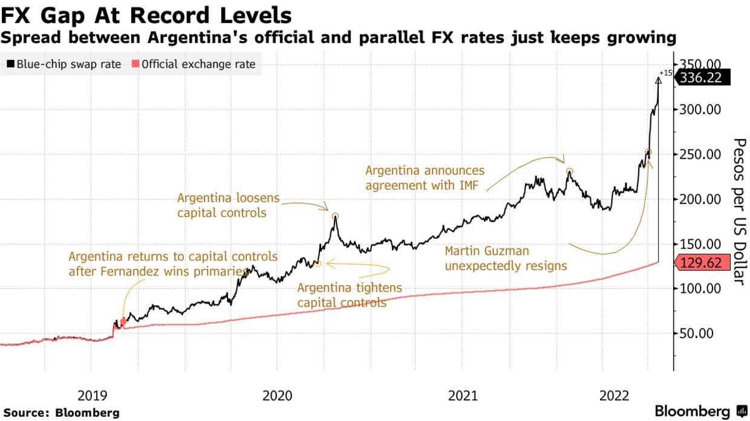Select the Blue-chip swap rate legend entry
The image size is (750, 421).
tap(64, 65)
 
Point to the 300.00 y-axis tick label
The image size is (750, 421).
tap(699, 110)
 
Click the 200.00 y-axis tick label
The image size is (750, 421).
tap(699, 199)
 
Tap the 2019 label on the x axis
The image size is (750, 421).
tap(92, 396)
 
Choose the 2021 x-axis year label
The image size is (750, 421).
tap(463, 396)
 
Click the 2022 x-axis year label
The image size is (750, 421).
tap(612, 396)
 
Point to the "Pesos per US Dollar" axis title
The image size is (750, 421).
tap(740, 211)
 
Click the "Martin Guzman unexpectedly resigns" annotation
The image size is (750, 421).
tap(506, 259)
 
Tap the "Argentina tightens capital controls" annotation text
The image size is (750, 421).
tap(349, 295)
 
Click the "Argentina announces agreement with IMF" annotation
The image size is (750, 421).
tap(425, 178)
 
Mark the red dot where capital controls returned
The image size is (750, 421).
tap(123, 322)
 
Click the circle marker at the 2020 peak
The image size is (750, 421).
tap(335, 216)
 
